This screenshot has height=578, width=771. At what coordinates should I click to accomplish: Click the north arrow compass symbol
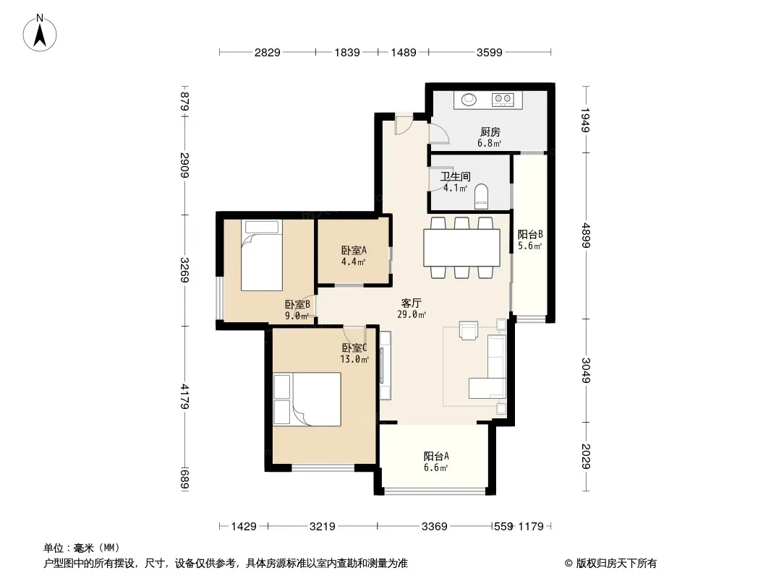coord(40,33)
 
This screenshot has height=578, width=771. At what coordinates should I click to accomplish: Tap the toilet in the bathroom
coord(482,196)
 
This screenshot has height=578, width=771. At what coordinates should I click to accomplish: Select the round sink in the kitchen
coord(469,100)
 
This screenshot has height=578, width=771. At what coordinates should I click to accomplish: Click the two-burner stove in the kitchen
coord(503,100)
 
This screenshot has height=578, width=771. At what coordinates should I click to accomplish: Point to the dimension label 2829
coord(267,52)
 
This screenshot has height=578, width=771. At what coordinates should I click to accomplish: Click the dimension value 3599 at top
coord(489,52)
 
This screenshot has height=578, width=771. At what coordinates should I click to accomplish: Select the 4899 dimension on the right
coord(586,236)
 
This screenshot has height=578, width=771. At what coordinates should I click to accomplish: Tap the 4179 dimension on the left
coord(184,397)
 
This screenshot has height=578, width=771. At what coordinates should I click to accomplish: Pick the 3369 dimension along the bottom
coord(435,527)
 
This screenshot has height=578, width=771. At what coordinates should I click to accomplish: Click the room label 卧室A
coord(354,251)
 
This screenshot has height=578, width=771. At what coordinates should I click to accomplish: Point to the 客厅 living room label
coord(411,303)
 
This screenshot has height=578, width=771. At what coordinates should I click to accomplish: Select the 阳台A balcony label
coord(436,456)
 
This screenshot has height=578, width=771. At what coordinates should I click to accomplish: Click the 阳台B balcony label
coord(530,235)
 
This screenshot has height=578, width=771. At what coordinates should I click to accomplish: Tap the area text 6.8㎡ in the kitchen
coord(489,143)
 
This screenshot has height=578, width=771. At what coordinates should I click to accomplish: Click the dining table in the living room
coord(461,248)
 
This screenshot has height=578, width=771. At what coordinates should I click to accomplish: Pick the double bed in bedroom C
coord(307,399)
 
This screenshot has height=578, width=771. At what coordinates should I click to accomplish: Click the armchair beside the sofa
coord(468,330)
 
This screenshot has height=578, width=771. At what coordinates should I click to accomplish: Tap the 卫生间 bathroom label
coord(456,176)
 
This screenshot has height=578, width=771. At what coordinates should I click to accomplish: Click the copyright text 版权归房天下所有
coord(615,564)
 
